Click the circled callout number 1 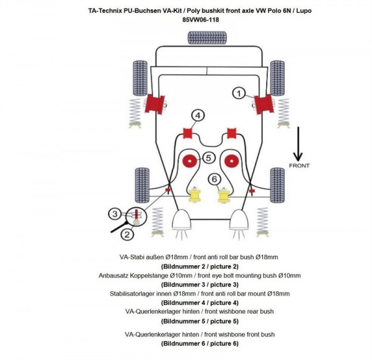click(x=238, y=93)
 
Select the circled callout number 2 click(x=126, y=234)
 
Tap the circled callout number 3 click(x=115, y=214)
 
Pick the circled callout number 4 click(x=197, y=115)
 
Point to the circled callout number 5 click(x=208, y=158)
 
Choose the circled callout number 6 click(x=215, y=180)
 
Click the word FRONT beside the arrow click(x=299, y=166)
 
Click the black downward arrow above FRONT click(x=299, y=143)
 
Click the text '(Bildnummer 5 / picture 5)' click(x=200, y=321)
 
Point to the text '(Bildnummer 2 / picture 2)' click(x=200, y=266)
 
